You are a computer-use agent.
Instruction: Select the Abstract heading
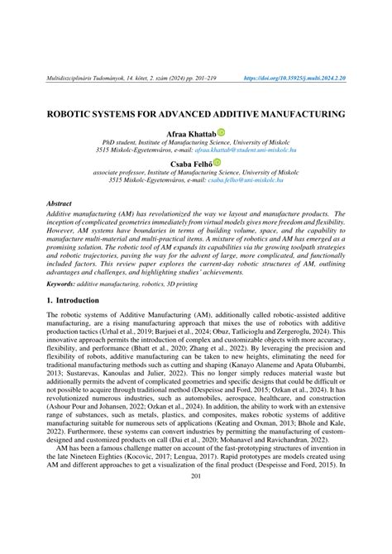60,203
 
